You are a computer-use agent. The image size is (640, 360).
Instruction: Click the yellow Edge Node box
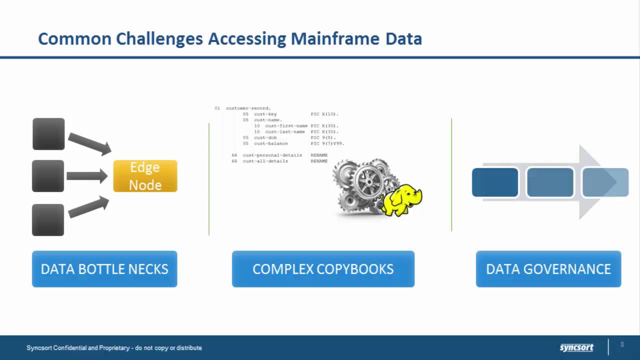tap(145, 176)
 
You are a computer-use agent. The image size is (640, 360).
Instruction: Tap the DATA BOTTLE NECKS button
tap(104, 269)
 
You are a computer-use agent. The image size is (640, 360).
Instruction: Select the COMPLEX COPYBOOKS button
tap(323, 269)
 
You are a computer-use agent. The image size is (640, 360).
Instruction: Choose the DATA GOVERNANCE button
tap(548, 269)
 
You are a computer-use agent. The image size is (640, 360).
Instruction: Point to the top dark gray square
tap(48, 134)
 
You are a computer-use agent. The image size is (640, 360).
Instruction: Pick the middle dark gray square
tap(48, 176)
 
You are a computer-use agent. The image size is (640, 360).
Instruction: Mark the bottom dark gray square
tap(48, 219)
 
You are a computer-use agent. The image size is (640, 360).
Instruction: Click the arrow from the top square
tap(89, 143)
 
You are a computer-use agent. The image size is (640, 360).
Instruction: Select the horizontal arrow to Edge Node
tap(86, 176)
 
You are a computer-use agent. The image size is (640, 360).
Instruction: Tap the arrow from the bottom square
tap(88, 206)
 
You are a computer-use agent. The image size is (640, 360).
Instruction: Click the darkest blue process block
tap(495, 182)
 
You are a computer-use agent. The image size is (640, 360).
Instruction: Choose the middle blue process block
tap(550, 182)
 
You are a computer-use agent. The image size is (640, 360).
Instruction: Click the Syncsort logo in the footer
tap(576, 347)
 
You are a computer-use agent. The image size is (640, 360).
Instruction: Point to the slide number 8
tap(622, 344)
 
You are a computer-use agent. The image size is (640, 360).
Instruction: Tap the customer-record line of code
tap(248, 108)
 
